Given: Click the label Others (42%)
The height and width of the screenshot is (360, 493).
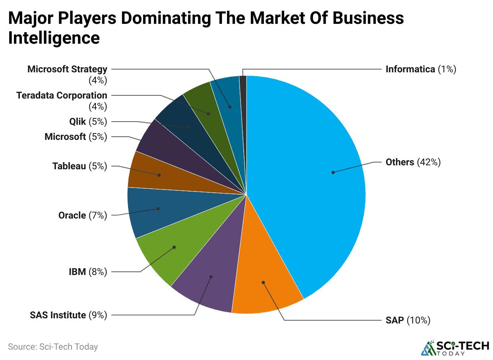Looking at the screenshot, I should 413,162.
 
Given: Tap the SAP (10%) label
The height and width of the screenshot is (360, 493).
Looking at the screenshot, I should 408,320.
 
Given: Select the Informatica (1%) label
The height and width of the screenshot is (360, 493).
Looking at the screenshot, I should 421,69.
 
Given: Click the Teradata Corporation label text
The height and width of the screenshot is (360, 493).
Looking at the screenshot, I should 62,96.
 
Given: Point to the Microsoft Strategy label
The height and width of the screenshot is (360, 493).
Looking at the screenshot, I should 67,70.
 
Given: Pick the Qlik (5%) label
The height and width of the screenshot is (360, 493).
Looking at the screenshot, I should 88,122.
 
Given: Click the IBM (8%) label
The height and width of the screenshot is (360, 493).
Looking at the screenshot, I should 87,272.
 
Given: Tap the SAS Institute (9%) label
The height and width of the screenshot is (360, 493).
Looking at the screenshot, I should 68,315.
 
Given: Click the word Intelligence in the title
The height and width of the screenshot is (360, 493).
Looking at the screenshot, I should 54,38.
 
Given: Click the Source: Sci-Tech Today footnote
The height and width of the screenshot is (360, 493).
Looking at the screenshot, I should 53,347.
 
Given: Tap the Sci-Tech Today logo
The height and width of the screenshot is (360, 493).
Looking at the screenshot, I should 455,348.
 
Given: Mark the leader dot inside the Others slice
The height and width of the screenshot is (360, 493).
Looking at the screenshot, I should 333,172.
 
